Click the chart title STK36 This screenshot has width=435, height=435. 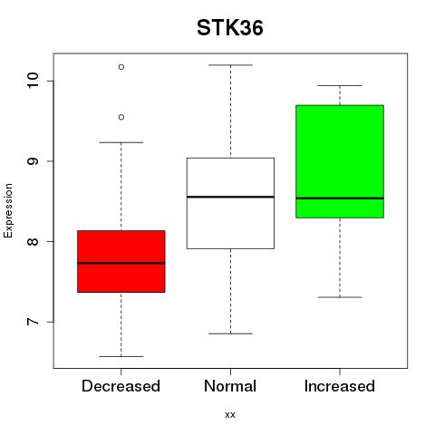point(230,28)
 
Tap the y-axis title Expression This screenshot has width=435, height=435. point(8,211)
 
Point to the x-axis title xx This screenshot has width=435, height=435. point(230,414)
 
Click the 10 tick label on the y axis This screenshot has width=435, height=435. point(33,81)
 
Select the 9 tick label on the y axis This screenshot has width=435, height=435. point(33,161)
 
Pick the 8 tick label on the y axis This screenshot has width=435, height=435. point(33,241)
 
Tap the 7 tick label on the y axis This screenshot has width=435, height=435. point(33,322)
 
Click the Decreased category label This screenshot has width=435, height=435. point(121,386)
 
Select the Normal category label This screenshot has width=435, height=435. point(230,386)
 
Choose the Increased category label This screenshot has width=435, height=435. point(340,386)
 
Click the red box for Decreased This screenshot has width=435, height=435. point(121,261)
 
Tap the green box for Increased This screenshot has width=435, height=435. point(340,161)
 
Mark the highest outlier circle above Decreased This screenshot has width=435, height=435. point(121,67)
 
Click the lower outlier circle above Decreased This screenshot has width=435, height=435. point(121,117)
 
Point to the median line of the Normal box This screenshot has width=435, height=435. point(230,197)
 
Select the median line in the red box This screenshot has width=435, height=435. point(121,263)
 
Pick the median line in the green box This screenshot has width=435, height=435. point(340,198)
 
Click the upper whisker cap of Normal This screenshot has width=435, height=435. point(230,65)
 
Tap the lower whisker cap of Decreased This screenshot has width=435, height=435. point(121,356)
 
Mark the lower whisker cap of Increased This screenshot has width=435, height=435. point(340,297)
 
